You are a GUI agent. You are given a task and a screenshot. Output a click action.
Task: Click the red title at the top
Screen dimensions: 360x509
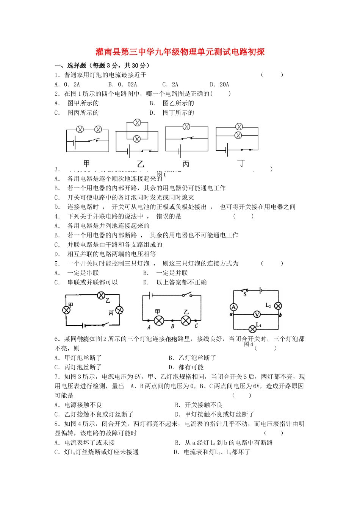point(180,52)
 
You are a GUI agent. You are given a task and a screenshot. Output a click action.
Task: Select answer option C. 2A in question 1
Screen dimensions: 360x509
point(170,84)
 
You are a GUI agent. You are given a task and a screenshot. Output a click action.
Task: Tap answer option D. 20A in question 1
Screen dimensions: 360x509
point(219,84)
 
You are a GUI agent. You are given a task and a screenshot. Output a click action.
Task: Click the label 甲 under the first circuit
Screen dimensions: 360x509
point(87,164)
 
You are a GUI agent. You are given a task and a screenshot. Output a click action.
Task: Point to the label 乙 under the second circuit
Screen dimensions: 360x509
point(141,164)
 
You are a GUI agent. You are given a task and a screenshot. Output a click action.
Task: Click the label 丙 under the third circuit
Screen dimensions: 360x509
point(186,164)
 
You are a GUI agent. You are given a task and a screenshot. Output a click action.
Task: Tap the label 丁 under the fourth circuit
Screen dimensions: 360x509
point(241,164)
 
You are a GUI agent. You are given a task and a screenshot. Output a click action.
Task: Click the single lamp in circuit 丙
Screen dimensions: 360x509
point(186,127)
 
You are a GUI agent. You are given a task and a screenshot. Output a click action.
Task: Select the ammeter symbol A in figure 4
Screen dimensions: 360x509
point(234,307)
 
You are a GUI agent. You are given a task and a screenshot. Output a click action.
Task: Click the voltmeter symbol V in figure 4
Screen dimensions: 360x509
point(257,314)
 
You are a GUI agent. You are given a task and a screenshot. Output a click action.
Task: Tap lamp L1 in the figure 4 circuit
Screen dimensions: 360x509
point(252,329)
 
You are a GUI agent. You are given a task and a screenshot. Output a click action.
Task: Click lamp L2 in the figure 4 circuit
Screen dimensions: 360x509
point(278,306)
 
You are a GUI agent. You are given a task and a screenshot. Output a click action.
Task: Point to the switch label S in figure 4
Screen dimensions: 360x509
point(245,294)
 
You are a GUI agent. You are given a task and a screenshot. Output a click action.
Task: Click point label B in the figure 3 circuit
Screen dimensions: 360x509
point(172,326)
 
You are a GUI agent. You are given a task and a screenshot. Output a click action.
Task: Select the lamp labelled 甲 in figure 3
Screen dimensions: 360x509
point(159,321)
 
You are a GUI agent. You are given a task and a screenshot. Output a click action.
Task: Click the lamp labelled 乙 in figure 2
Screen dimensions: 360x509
point(101,295)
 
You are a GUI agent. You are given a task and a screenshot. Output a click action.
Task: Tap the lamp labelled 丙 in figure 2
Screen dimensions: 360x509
point(119,310)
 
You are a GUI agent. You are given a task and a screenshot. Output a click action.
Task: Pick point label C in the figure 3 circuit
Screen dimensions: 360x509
point(196,326)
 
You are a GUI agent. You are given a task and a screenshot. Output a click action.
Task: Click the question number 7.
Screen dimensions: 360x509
point(57,376)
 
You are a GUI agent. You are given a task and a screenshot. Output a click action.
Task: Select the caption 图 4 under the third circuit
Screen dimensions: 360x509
point(249,344)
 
